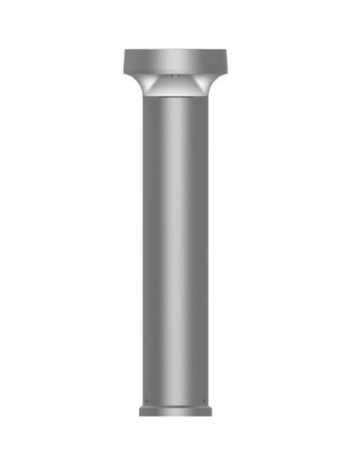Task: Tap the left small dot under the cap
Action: point(170,74)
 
